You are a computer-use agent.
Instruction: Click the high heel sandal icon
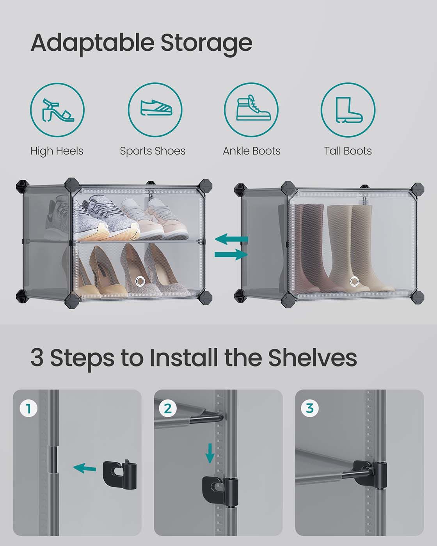pyautogui.click(x=57, y=110)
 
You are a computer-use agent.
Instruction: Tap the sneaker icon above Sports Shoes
pyautogui.click(x=156, y=108)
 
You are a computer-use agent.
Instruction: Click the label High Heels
pyautogui.click(x=57, y=151)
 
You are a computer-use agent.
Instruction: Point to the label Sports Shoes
pyautogui.click(x=153, y=151)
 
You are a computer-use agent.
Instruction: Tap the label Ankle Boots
pyautogui.click(x=252, y=151)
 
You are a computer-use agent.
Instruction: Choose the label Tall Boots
pyautogui.click(x=348, y=151)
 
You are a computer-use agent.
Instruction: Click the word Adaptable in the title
pyautogui.click(x=92, y=43)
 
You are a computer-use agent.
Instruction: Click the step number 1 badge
pyautogui.click(x=28, y=408)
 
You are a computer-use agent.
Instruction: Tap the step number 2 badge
pyautogui.click(x=168, y=408)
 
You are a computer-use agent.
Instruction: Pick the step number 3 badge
pyautogui.click(x=309, y=408)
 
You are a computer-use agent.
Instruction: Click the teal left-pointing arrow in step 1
pyautogui.click(x=85, y=468)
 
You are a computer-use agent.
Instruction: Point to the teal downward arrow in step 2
pyautogui.click(x=210, y=453)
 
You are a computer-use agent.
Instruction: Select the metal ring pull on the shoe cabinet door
pyautogui.click(x=140, y=281)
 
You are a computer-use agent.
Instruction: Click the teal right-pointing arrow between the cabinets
pyautogui.click(x=231, y=254)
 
